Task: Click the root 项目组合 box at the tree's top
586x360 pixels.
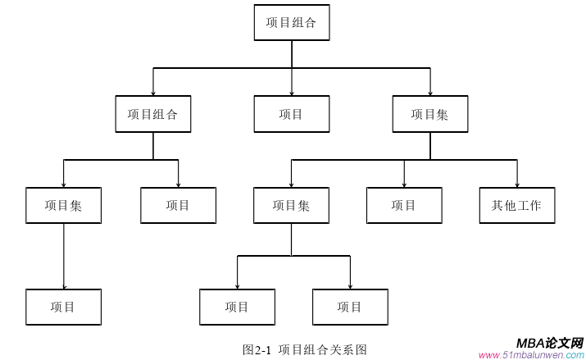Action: pos(291,22)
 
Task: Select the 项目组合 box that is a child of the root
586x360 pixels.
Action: pos(153,114)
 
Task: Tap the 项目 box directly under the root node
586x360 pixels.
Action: pos(291,114)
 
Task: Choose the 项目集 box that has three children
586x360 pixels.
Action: pos(430,114)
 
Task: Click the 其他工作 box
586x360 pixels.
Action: pos(517,206)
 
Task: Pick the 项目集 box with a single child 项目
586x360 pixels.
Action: pos(64,206)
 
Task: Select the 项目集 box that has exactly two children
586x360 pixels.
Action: pos(291,206)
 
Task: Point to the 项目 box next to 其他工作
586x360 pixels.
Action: pos(404,206)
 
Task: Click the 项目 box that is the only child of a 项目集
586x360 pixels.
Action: pos(64,308)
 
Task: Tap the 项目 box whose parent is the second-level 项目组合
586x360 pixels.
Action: pos(178,206)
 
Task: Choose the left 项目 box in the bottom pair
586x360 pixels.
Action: pos(238,308)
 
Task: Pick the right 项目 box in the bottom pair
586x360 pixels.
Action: pos(350,308)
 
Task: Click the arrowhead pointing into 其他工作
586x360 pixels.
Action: pos(517,185)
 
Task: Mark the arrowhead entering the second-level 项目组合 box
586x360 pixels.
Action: pos(153,93)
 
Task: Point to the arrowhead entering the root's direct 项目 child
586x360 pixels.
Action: pos(292,93)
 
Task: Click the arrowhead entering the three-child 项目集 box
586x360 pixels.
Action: pos(430,93)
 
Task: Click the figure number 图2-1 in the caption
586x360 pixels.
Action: pos(257,349)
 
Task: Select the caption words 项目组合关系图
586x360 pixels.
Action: pos(323,349)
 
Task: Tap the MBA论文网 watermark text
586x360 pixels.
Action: pos(550,343)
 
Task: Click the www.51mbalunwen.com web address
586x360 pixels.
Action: pos(530,355)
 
